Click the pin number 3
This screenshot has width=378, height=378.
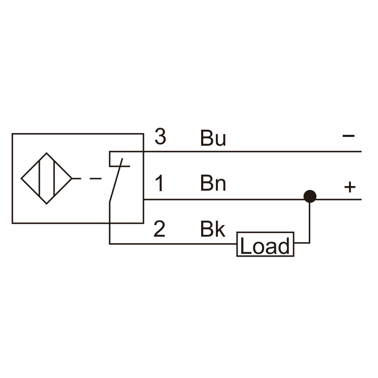[x=160, y=136]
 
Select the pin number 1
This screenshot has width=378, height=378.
[x=159, y=183]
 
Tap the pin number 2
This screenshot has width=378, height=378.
[x=159, y=228]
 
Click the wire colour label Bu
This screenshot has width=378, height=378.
[x=213, y=138]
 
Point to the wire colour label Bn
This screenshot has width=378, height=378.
[x=213, y=183]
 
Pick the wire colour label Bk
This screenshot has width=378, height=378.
[x=213, y=228]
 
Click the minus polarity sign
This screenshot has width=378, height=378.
[x=349, y=136]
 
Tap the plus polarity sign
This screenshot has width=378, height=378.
[x=350, y=187]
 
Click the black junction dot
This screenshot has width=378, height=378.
[x=310, y=196]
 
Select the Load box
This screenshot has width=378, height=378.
[x=265, y=244]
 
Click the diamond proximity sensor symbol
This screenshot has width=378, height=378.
[x=47, y=178]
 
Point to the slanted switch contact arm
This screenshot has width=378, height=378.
[x=116, y=180]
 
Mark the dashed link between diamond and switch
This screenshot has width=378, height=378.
[x=87, y=178]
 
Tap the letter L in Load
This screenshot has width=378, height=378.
[x=246, y=246]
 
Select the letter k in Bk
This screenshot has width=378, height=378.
[x=220, y=228]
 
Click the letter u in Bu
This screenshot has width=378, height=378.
[x=220, y=140]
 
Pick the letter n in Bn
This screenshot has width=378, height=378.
[x=220, y=185]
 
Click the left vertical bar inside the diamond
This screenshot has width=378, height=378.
[x=39, y=178]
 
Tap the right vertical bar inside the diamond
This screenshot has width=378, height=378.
[x=55, y=178]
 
